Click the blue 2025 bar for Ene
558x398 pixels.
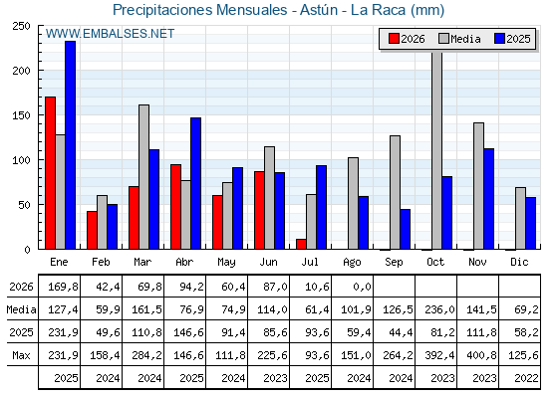[70, 145]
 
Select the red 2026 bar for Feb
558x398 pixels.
[92, 230]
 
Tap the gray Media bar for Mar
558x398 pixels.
[143, 177]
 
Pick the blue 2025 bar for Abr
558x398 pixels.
[195, 183]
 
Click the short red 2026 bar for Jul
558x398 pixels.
[301, 244]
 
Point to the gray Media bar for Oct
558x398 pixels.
[437, 150]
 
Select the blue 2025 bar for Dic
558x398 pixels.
[530, 223]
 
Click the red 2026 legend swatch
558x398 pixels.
[394, 39]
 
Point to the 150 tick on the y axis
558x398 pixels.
[22, 115]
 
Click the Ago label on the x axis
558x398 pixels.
[352, 263]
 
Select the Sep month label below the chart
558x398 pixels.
[394, 263]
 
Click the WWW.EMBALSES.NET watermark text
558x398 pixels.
[110, 34]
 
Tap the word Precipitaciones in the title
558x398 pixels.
[162, 10]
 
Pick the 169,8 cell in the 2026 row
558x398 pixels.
[63, 287]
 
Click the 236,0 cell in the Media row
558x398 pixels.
[439, 309]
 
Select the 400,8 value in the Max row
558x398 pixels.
[481, 355]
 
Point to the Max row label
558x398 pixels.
[21, 355]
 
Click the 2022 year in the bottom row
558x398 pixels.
[526, 378]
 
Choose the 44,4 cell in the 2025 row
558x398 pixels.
[401, 332]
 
